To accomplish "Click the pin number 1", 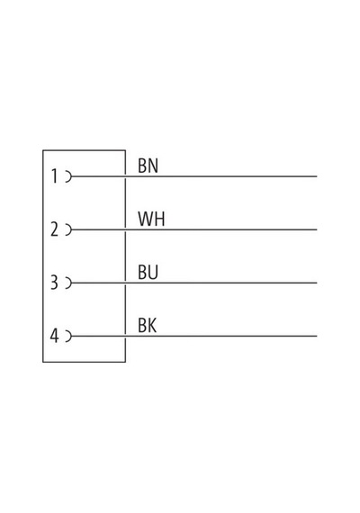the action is pos(55,176).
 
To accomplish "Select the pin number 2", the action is pos(54,229).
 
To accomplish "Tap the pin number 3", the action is pos(54,283).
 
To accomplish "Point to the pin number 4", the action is pos(54,336).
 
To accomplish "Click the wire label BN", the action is pos(148,166).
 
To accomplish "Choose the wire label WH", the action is pos(151,219).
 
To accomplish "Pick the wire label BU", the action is pos(148,272).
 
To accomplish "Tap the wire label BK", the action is pos(148,325).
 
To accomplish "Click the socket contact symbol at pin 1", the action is pos(69,176).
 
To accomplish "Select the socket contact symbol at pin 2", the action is pos(69,229).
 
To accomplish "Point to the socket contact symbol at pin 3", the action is pos(69,283).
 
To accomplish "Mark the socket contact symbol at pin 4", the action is pos(69,336).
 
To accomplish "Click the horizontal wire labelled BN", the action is pos(194,176).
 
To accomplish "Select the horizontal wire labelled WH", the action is pos(194,229).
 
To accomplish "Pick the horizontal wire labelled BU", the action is pos(194,283).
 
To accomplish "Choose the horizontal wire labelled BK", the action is pos(194,336).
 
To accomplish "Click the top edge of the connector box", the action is pos(84,150).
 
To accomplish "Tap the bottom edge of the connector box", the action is pos(84,362).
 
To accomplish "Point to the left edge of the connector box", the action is pos(43,256).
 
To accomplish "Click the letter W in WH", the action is pos(145,219).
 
